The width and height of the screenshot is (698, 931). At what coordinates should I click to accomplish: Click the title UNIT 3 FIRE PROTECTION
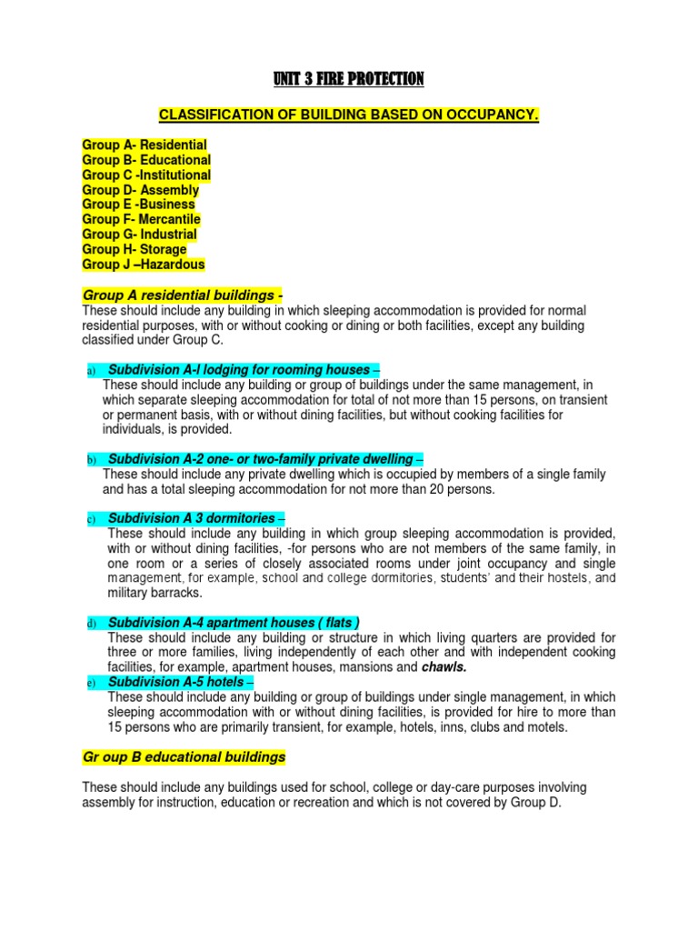349,80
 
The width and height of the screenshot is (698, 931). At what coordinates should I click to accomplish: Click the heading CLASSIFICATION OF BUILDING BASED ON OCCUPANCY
349,115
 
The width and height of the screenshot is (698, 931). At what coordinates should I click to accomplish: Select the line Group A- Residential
145,145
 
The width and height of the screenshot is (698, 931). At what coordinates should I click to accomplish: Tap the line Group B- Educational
146,160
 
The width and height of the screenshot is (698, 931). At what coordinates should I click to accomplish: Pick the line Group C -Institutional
146,175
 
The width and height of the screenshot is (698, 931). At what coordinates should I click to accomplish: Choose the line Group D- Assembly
140,190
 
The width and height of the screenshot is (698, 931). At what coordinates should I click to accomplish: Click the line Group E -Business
138,205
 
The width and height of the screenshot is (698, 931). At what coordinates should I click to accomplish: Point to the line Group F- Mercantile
141,219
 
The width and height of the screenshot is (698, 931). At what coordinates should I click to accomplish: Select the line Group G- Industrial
139,235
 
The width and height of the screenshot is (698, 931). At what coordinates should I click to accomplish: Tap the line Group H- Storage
135,249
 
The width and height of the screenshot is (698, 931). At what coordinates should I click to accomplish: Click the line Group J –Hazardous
144,265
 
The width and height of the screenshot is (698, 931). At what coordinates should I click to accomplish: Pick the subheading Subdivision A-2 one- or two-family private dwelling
263,459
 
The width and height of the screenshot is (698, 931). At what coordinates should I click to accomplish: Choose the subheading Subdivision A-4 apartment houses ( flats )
233,623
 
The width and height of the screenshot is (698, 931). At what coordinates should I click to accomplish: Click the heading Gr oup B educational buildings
184,756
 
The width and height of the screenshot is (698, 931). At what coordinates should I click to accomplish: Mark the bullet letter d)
92,625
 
